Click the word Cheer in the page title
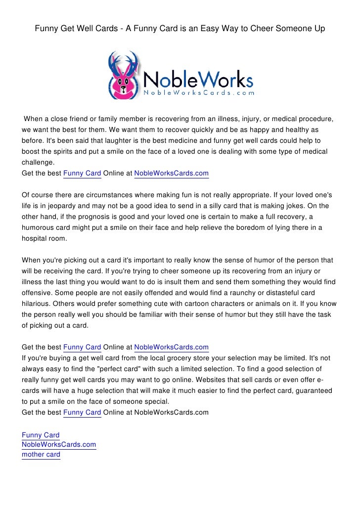coord(263,29)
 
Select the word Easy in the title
coord(200,29)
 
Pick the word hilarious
coord(36,303)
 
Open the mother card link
coord(41,455)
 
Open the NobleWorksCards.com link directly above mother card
coord(59,445)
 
